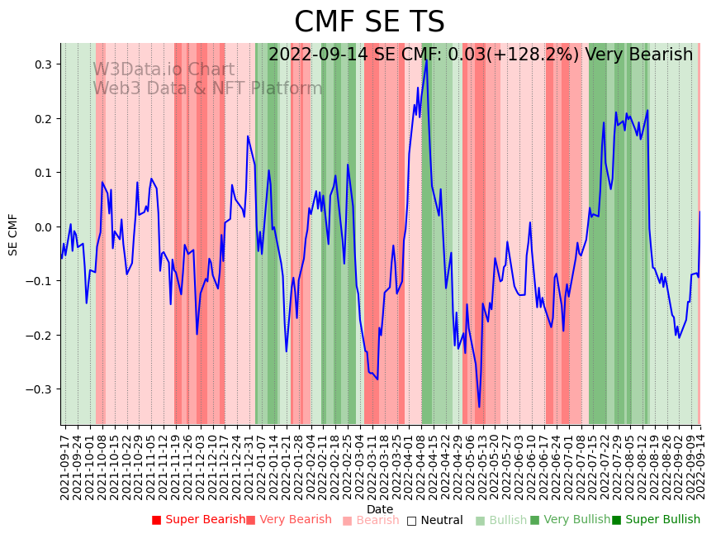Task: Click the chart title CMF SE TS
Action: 369,22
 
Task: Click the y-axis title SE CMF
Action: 13,234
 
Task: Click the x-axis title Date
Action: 380,509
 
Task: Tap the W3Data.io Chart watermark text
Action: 164,70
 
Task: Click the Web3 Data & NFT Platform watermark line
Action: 207,88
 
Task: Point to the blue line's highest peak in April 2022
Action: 426,60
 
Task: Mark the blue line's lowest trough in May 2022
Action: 479,407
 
